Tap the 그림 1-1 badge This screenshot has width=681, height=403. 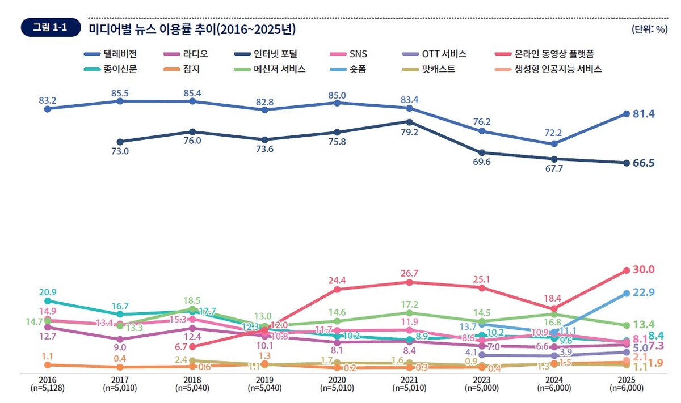(x=51, y=28)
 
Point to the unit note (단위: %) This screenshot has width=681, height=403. (x=649, y=29)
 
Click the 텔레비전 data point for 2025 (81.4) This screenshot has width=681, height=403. (x=627, y=114)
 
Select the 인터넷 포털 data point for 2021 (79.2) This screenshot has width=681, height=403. (x=410, y=122)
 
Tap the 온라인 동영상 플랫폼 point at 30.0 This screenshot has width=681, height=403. (x=627, y=270)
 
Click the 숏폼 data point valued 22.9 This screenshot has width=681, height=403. (x=627, y=293)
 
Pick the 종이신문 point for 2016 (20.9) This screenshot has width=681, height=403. (x=48, y=301)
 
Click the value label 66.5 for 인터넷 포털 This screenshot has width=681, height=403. (x=644, y=163)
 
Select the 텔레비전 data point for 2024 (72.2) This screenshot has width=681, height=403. (x=554, y=144)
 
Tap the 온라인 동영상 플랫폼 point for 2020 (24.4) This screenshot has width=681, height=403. (x=337, y=289)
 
